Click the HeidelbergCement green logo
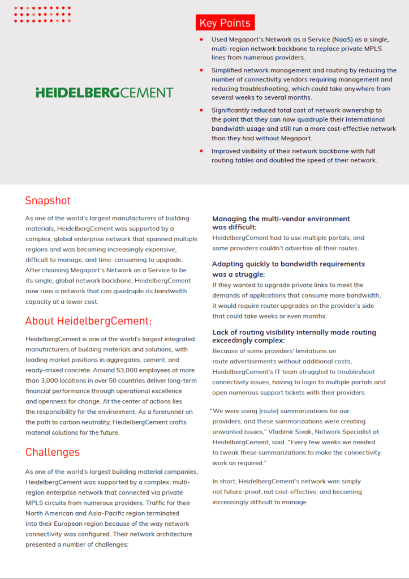tap(105, 92)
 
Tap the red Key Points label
tap(225, 23)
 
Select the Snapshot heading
tap(48, 201)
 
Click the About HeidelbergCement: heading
tap(89, 321)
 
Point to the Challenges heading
tap(53, 452)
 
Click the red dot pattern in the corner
tap(42, 14)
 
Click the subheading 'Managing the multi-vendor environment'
tap(281, 218)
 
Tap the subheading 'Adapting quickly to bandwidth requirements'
tap(289, 264)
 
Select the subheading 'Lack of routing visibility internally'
tap(294, 332)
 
